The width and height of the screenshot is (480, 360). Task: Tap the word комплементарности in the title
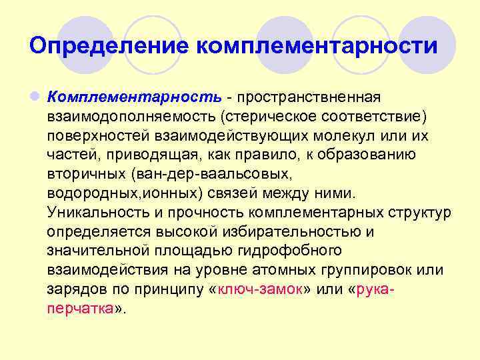pos(318,46)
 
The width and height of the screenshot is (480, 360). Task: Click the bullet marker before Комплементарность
pos(33,98)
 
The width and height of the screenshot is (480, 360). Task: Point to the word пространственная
pos(313,98)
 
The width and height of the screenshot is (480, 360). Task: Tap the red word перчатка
pos(80,309)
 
